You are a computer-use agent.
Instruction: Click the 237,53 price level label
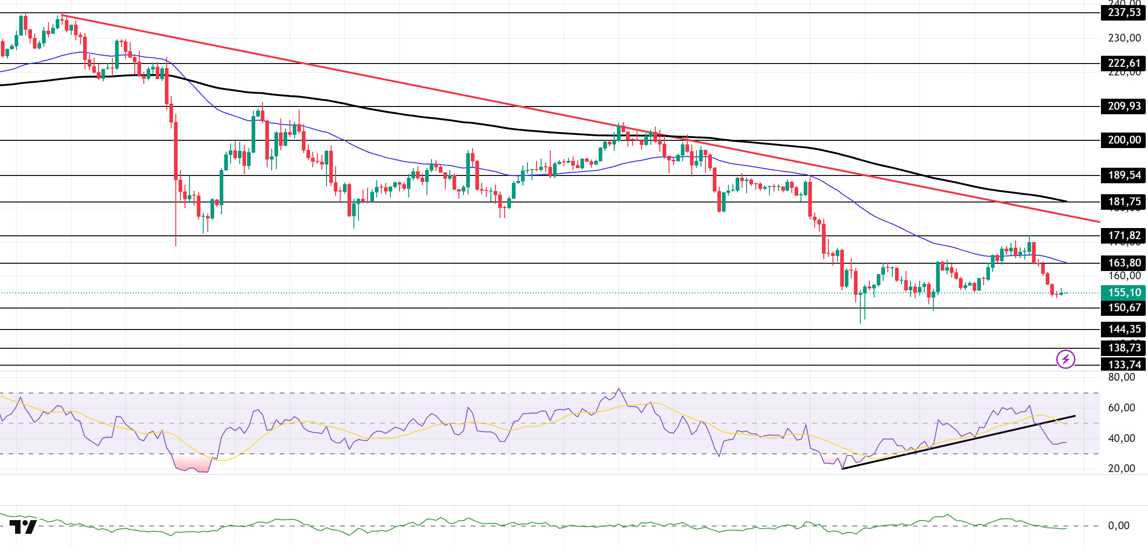(x=1124, y=13)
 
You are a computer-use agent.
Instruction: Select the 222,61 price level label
(x=1124, y=63)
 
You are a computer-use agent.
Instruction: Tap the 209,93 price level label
(x=1124, y=106)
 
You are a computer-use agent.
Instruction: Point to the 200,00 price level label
(x=1124, y=140)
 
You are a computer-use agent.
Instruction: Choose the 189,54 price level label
(x=1124, y=175)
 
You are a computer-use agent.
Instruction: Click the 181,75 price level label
(x=1124, y=202)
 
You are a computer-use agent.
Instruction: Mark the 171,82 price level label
(x=1124, y=235)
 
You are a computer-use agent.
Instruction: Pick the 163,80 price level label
(x=1124, y=263)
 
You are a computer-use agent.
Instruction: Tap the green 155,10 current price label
(x=1124, y=292)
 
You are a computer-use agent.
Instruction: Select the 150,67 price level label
(x=1124, y=308)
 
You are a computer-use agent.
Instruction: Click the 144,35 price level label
(x=1124, y=329)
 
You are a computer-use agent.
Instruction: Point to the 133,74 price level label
(x=1124, y=365)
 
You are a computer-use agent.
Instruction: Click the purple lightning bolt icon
(x=1065, y=359)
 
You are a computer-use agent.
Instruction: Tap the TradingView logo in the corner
(x=23, y=527)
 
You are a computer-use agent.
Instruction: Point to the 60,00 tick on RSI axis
(x=1121, y=408)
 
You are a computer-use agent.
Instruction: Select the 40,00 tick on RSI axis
(x=1121, y=438)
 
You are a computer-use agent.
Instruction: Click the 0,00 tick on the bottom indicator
(x=1118, y=526)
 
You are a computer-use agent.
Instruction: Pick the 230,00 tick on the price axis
(x=1124, y=38)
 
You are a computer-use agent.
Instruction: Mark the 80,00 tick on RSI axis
(x=1121, y=377)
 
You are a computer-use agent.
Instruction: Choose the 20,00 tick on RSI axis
(x=1121, y=468)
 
